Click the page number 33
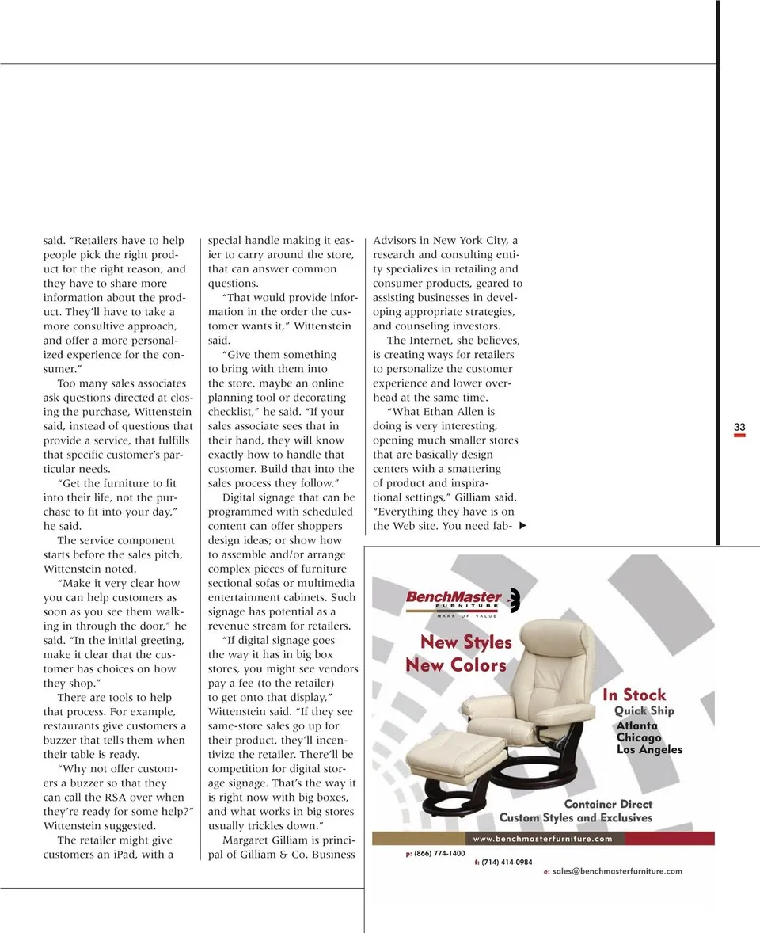pos(739,428)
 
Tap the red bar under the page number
pos(739,436)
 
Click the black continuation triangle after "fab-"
pos(522,527)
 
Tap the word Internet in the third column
pos(434,341)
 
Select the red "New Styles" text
pos(465,642)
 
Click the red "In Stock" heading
pos(634,695)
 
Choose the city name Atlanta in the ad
pos(636,725)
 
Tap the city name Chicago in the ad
pos(639,737)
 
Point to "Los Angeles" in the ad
pos(649,749)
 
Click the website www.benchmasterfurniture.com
pos(542,839)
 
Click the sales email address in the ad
pos(617,871)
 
